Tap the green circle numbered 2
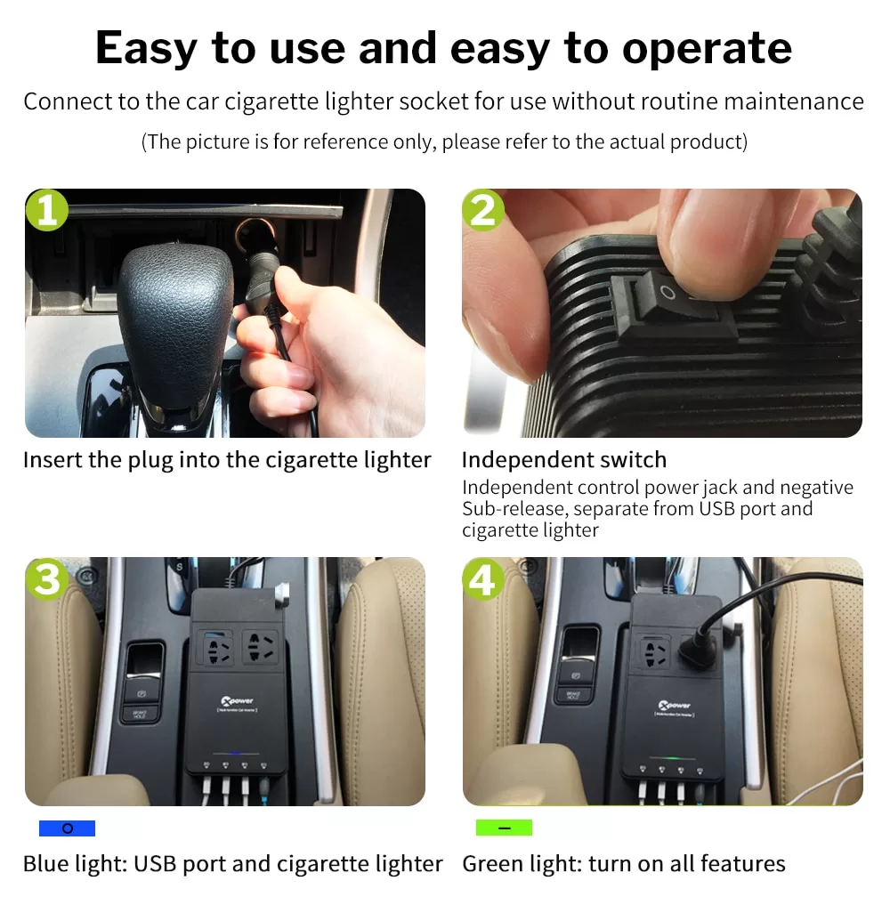[483, 210]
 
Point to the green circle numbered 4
[483, 579]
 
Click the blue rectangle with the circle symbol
[67, 828]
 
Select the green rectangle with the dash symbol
[504, 828]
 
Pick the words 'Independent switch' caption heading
[563, 460]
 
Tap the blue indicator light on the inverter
[235, 754]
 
